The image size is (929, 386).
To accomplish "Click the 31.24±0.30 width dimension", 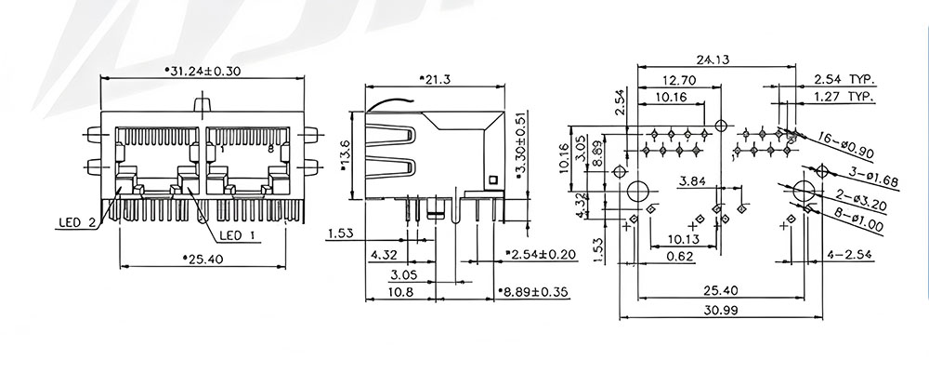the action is click(203, 71).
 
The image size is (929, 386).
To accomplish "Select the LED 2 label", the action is click(76, 223).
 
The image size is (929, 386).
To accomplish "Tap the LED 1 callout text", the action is click(237, 236).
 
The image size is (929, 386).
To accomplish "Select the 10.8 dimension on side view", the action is click(400, 292).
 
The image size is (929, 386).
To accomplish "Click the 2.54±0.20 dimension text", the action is click(541, 254).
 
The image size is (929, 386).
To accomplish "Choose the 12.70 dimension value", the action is click(679, 80).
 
